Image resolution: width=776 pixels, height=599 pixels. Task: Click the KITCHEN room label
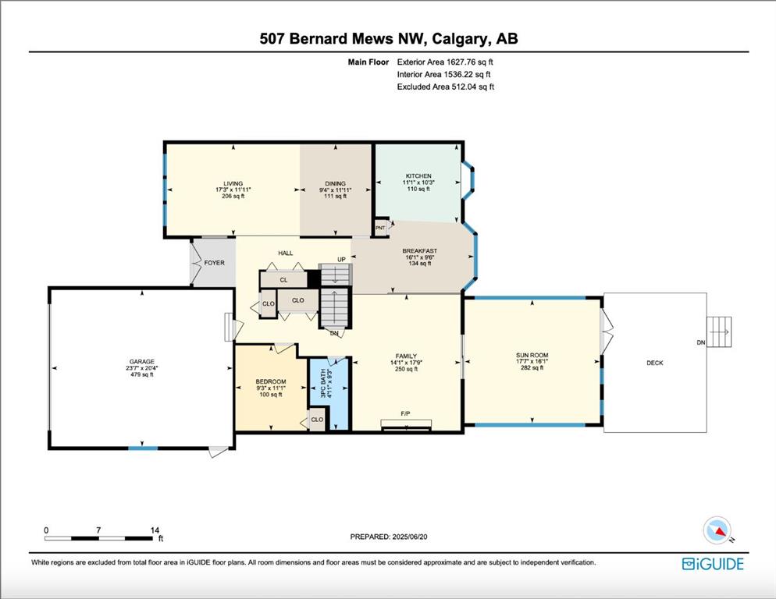(x=418, y=176)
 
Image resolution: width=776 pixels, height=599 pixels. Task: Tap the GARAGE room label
(x=142, y=362)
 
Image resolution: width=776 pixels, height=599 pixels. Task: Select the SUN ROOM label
(x=532, y=355)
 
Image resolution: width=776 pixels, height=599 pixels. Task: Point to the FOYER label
(x=214, y=263)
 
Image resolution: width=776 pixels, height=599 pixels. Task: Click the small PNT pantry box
(x=380, y=228)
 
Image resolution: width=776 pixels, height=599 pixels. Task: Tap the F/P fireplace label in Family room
(x=405, y=413)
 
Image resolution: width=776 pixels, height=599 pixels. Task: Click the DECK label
(x=655, y=363)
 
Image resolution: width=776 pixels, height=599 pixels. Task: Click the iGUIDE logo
(x=713, y=564)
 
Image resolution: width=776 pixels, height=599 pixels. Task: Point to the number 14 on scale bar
(x=155, y=530)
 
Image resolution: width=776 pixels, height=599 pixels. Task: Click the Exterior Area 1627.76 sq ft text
(x=445, y=62)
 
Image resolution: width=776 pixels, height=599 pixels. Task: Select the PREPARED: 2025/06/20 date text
(x=389, y=537)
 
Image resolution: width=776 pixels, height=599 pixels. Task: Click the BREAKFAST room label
(x=420, y=251)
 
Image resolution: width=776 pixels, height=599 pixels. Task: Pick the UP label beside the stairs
(x=341, y=259)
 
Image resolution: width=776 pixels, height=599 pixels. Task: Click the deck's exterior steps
(x=718, y=332)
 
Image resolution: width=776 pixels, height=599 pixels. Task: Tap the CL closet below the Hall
(x=283, y=280)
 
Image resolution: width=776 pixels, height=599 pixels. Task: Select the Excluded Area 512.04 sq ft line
(x=446, y=87)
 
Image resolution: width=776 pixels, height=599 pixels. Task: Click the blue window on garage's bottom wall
(x=143, y=448)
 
